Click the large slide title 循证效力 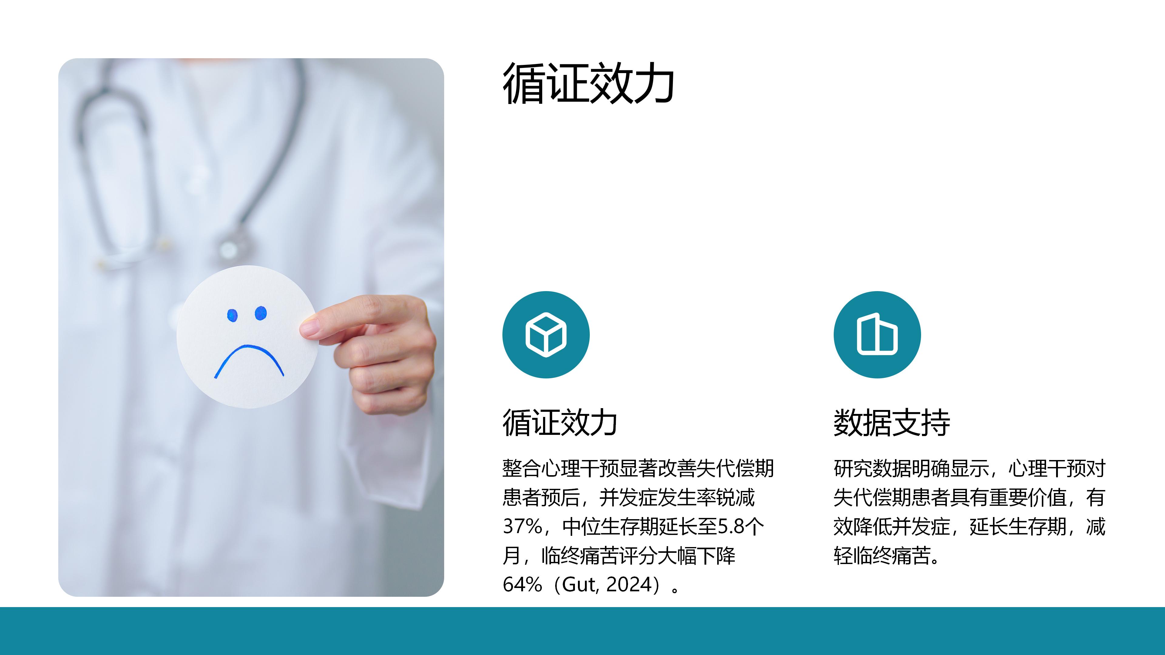point(588,84)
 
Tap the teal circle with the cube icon point(546,334)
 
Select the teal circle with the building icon point(877,334)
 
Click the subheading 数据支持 point(892,423)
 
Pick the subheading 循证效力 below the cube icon point(560,423)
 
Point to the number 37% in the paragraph point(522,526)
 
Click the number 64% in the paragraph point(522,584)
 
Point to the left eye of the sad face point(232,315)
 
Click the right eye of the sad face point(261,313)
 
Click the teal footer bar point(582,631)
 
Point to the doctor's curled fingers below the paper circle point(384,371)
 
